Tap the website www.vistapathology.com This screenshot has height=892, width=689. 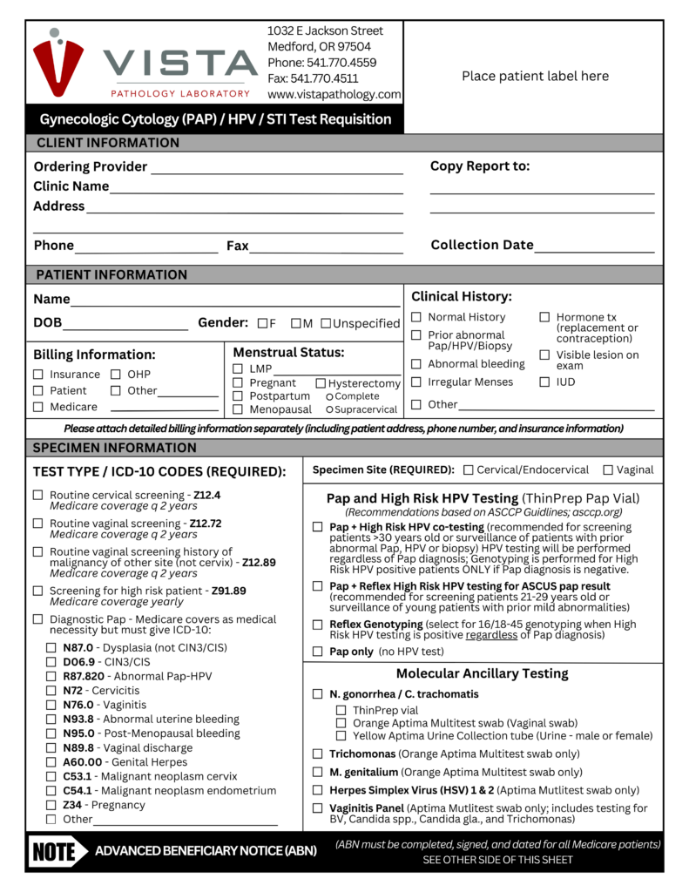click(334, 94)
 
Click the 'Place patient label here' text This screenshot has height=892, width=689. click(535, 76)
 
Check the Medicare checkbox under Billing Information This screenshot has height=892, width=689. click(38, 407)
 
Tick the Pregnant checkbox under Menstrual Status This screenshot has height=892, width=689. click(238, 383)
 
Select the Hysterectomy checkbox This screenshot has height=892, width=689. click(321, 383)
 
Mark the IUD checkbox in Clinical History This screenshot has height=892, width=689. click(544, 382)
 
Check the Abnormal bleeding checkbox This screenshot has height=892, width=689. click(416, 364)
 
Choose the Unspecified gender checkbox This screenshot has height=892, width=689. click(326, 324)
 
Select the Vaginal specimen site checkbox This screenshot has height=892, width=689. click(608, 470)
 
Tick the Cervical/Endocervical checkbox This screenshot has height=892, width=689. click(469, 470)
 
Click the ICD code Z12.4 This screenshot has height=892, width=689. click(207, 495)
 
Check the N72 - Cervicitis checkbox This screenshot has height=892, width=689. click(51, 691)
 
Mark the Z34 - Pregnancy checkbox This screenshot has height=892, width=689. click(51, 805)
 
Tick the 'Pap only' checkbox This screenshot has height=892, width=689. click(317, 652)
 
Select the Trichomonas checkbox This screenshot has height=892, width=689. click(317, 753)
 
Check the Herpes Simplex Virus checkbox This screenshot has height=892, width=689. click(317, 791)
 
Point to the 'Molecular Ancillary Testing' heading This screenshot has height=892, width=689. click(482, 673)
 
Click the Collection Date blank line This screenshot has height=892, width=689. click(594, 251)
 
